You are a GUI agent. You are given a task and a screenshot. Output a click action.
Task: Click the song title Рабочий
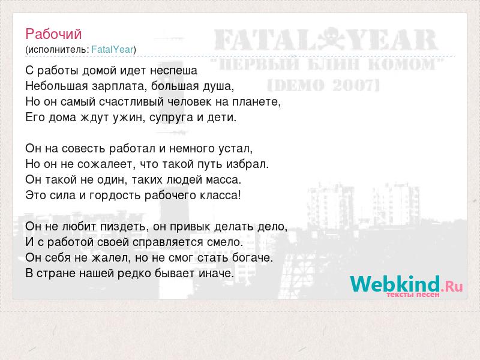click(x=53, y=34)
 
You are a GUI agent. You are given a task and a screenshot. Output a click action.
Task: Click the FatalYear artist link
click(x=112, y=49)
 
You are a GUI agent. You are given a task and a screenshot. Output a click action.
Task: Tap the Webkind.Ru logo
click(x=406, y=284)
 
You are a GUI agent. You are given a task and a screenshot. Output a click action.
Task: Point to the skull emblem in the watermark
click(x=332, y=39)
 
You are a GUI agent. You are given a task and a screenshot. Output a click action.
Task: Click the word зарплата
click(x=117, y=86)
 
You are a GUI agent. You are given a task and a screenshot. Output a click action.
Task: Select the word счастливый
click(x=131, y=102)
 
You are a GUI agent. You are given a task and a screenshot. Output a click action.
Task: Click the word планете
click(x=257, y=102)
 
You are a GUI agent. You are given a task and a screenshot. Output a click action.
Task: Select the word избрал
click(x=247, y=164)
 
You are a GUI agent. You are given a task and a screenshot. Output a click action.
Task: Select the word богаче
click(x=252, y=258)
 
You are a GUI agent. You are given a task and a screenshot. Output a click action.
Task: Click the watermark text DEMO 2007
click(x=323, y=85)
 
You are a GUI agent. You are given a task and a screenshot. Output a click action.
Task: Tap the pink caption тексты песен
click(x=413, y=295)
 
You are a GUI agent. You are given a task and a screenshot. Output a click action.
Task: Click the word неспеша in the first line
click(x=174, y=71)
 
